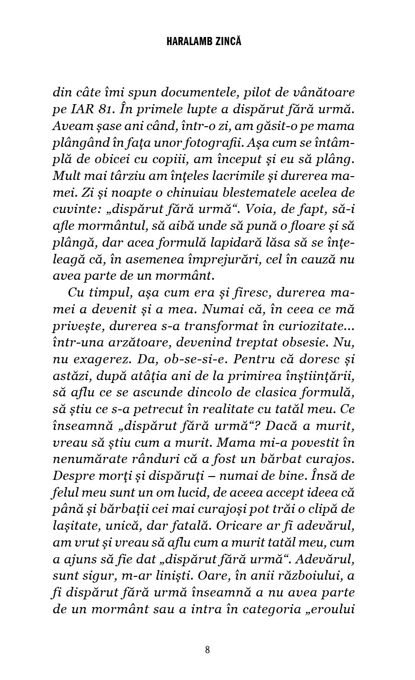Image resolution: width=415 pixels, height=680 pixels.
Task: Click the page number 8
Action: [x=207, y=650]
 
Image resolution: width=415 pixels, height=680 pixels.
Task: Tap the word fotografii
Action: [x=241, y=143]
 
